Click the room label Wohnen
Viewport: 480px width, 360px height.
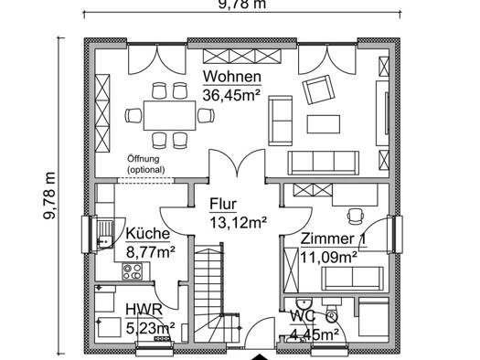coord(232,77)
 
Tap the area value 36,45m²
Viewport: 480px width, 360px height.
coord(231,95)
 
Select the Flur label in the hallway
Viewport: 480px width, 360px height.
coord(223,204)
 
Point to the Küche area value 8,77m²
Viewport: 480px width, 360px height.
coord(151,253)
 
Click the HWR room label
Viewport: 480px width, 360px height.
coord(144,310)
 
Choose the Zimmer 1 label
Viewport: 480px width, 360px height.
coord(333,238)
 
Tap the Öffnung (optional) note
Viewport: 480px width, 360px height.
coord(146,164)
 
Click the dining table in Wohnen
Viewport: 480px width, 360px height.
coord(169,116)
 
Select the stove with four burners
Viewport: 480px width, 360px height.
coord(133,271)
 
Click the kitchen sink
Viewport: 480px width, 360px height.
coord(105,232)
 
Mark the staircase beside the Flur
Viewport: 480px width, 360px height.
coord(216,293)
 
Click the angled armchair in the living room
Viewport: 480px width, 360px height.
coord(318,90)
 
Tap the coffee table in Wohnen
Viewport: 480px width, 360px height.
coord(324,124)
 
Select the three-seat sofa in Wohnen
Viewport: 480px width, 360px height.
coord(324,163)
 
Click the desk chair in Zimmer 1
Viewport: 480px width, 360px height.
coord(356,216)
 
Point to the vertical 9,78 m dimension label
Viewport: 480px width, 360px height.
coord(49,196)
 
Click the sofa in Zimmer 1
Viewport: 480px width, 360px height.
coord(352,279)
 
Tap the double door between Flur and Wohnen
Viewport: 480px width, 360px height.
coord(237,163)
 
